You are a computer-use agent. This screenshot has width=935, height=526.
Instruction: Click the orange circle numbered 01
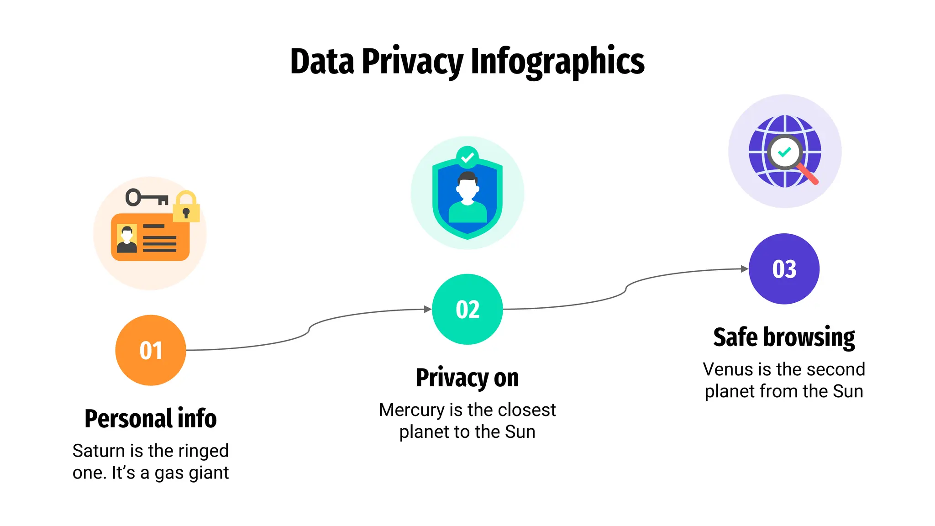[x=151, y=350]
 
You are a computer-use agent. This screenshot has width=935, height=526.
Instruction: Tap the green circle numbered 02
[x=467, y=309]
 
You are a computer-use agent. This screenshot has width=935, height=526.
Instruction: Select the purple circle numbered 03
[x=784, y=268]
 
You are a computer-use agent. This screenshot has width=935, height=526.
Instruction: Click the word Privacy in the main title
[x=412, y=62]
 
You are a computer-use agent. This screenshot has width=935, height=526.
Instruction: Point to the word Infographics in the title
[x=557, y=62]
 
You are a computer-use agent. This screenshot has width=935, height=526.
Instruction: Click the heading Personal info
[x=151, y=418]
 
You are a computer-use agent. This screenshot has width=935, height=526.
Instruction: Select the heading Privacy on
[x=467, y=378]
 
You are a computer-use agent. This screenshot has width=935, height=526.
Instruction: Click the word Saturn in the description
[x=99, y=451]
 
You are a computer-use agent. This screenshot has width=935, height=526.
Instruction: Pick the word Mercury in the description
[x=411, y=410]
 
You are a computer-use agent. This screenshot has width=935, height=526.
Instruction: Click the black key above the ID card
[x=147, y=198]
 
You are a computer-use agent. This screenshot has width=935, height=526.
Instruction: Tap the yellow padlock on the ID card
[x=186, y=207]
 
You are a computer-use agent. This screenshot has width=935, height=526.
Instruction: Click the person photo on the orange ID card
[x=127, y=239]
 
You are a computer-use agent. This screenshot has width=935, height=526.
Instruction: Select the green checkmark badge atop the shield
[x=467, y=158]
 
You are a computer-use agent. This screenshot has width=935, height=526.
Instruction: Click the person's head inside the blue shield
[x=467, y=186]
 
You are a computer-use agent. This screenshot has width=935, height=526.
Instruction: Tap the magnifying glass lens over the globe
[x=784, y=152]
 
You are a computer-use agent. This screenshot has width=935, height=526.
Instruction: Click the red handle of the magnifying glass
[x=808, y=175]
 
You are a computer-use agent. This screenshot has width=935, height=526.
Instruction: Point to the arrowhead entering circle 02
[x=428, y=309]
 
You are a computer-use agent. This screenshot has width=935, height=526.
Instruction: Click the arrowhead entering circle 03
[x=744, y=268]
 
